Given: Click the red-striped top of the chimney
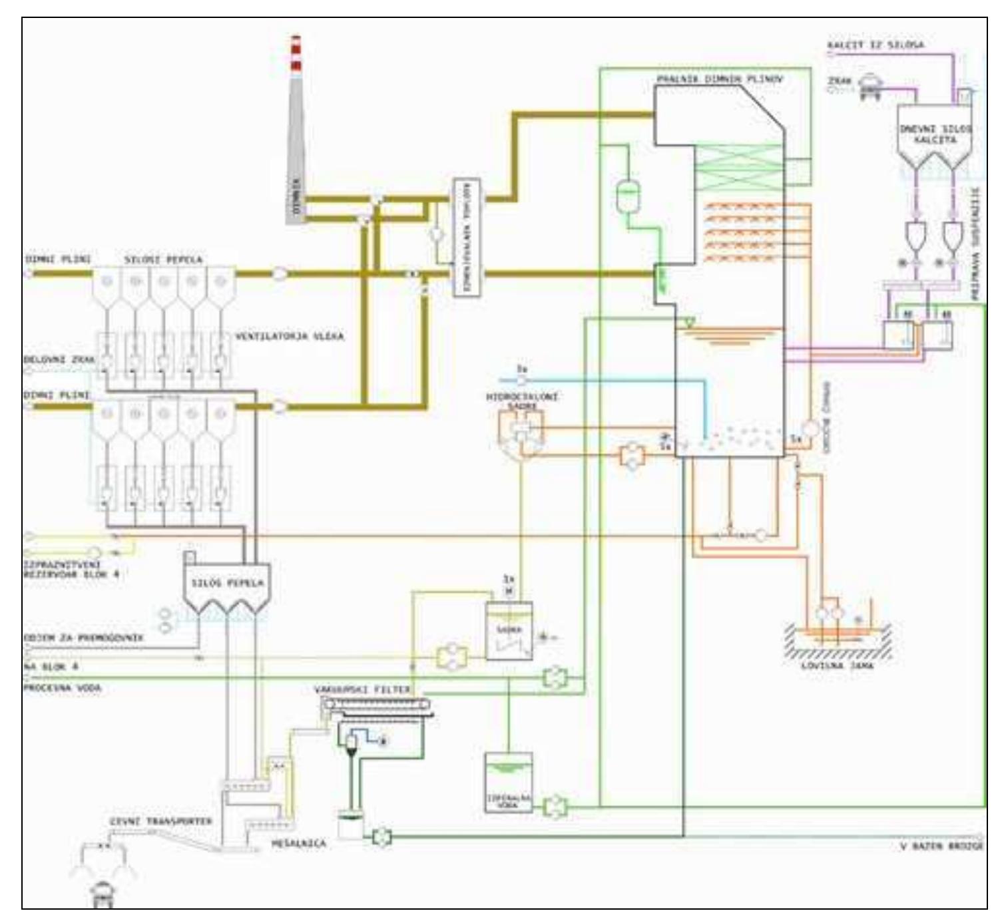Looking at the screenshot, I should tap(296, 53).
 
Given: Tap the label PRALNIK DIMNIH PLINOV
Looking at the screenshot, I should tap(720, 79).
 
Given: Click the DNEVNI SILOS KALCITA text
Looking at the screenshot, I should tap(935, 134).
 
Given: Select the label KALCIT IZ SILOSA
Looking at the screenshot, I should tap(875, 45).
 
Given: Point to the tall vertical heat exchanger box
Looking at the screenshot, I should tap(467, 238).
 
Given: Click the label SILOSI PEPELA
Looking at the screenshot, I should tap(164, 259).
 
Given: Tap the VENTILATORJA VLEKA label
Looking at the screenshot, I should tap(289, 337).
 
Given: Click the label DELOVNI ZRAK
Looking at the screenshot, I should tap(59, 359).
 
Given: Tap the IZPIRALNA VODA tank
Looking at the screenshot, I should tap(509, 783).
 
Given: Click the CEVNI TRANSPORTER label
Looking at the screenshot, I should tap(161, 821).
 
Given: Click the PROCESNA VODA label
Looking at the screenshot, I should tap(62, 688).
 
